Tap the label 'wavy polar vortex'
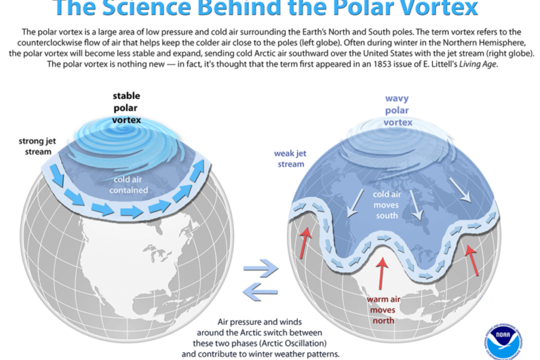click(x=397, y=110)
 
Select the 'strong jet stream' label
click(x=35, y=146)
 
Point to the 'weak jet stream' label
click(x=289, y=159)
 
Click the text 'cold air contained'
click(x=128, y=184)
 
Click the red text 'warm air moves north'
click(x=382, y=309)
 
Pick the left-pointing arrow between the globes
click(x=260, y=290)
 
